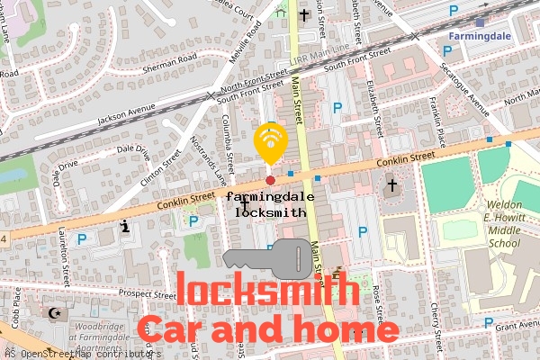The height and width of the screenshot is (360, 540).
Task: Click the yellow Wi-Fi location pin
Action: click(x=270, y=140)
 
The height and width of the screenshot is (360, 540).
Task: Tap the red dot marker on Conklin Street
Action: click(x=270, y=168)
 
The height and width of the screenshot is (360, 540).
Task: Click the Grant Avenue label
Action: click(x=516, y=324)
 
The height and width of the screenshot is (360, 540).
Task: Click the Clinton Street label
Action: click(x=163, y=164)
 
